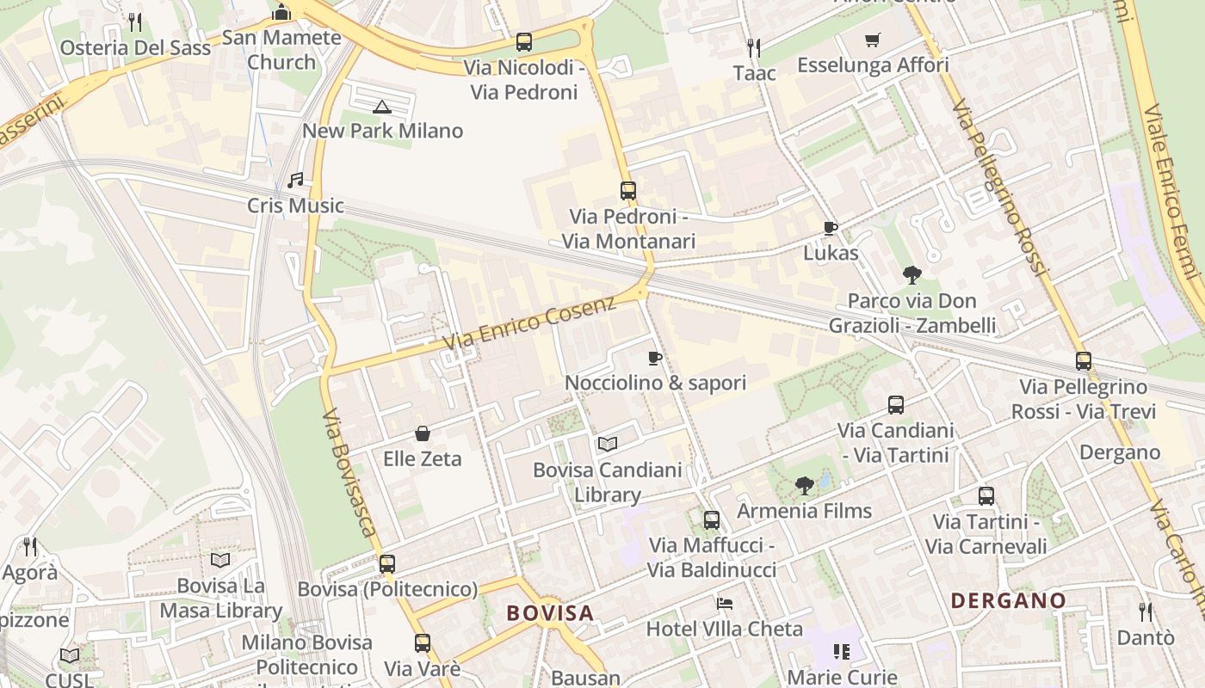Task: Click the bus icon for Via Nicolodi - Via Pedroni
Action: point(523,41)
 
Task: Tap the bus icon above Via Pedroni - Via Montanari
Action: point(628,191)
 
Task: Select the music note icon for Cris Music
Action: point(295,181)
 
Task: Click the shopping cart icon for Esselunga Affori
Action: point(873,40)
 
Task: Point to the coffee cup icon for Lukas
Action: point(830,228)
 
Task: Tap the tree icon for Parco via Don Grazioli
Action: point(911,275)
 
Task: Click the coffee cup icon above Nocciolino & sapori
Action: point(655,358)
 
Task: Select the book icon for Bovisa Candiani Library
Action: point(608,445)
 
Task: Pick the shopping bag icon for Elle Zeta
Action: point(423,433)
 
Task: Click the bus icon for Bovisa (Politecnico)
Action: point(387,564)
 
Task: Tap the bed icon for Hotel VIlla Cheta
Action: point(725,604)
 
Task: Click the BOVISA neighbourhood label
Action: point(550,613)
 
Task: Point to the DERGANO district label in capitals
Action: point(1008,600)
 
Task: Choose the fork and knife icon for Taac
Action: point(754,47)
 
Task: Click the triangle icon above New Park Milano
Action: point(382,107)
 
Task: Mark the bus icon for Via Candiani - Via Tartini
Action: point(895,404)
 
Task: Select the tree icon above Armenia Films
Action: point(804,486)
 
